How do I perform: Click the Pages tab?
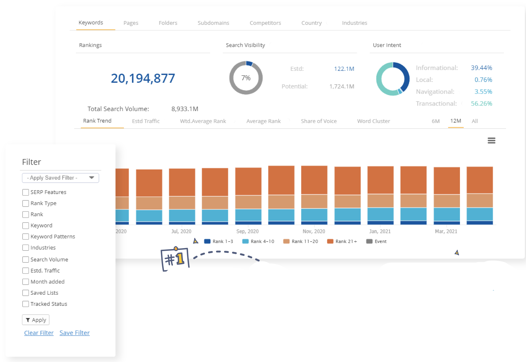(x=131, y=23)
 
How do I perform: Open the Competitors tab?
(x=265, y=23)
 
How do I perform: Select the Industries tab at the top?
(x=354, y=23)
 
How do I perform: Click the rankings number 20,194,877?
(x=143, y=78)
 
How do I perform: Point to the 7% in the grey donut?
(x=246, y=78)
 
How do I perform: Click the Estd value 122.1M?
(x=344, y=69)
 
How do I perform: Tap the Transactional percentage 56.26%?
(x=481, y=104)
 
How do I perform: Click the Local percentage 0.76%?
(x=483, y=80)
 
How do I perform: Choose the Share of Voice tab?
(x=319, y=121)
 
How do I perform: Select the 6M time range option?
(x=435, y=121)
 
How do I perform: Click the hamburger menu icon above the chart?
(x=491, y=141)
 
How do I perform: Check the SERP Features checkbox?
(x=26, y=192)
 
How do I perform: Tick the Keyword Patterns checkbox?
(x=26, y=236)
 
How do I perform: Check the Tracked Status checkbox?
(x=26, y=304)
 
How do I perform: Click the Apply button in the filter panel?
(x=36, y=320)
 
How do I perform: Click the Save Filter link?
(x=75, y=333)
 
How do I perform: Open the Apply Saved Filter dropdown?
(x=60, y=178)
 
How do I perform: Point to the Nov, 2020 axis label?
(x=314, y=231)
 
